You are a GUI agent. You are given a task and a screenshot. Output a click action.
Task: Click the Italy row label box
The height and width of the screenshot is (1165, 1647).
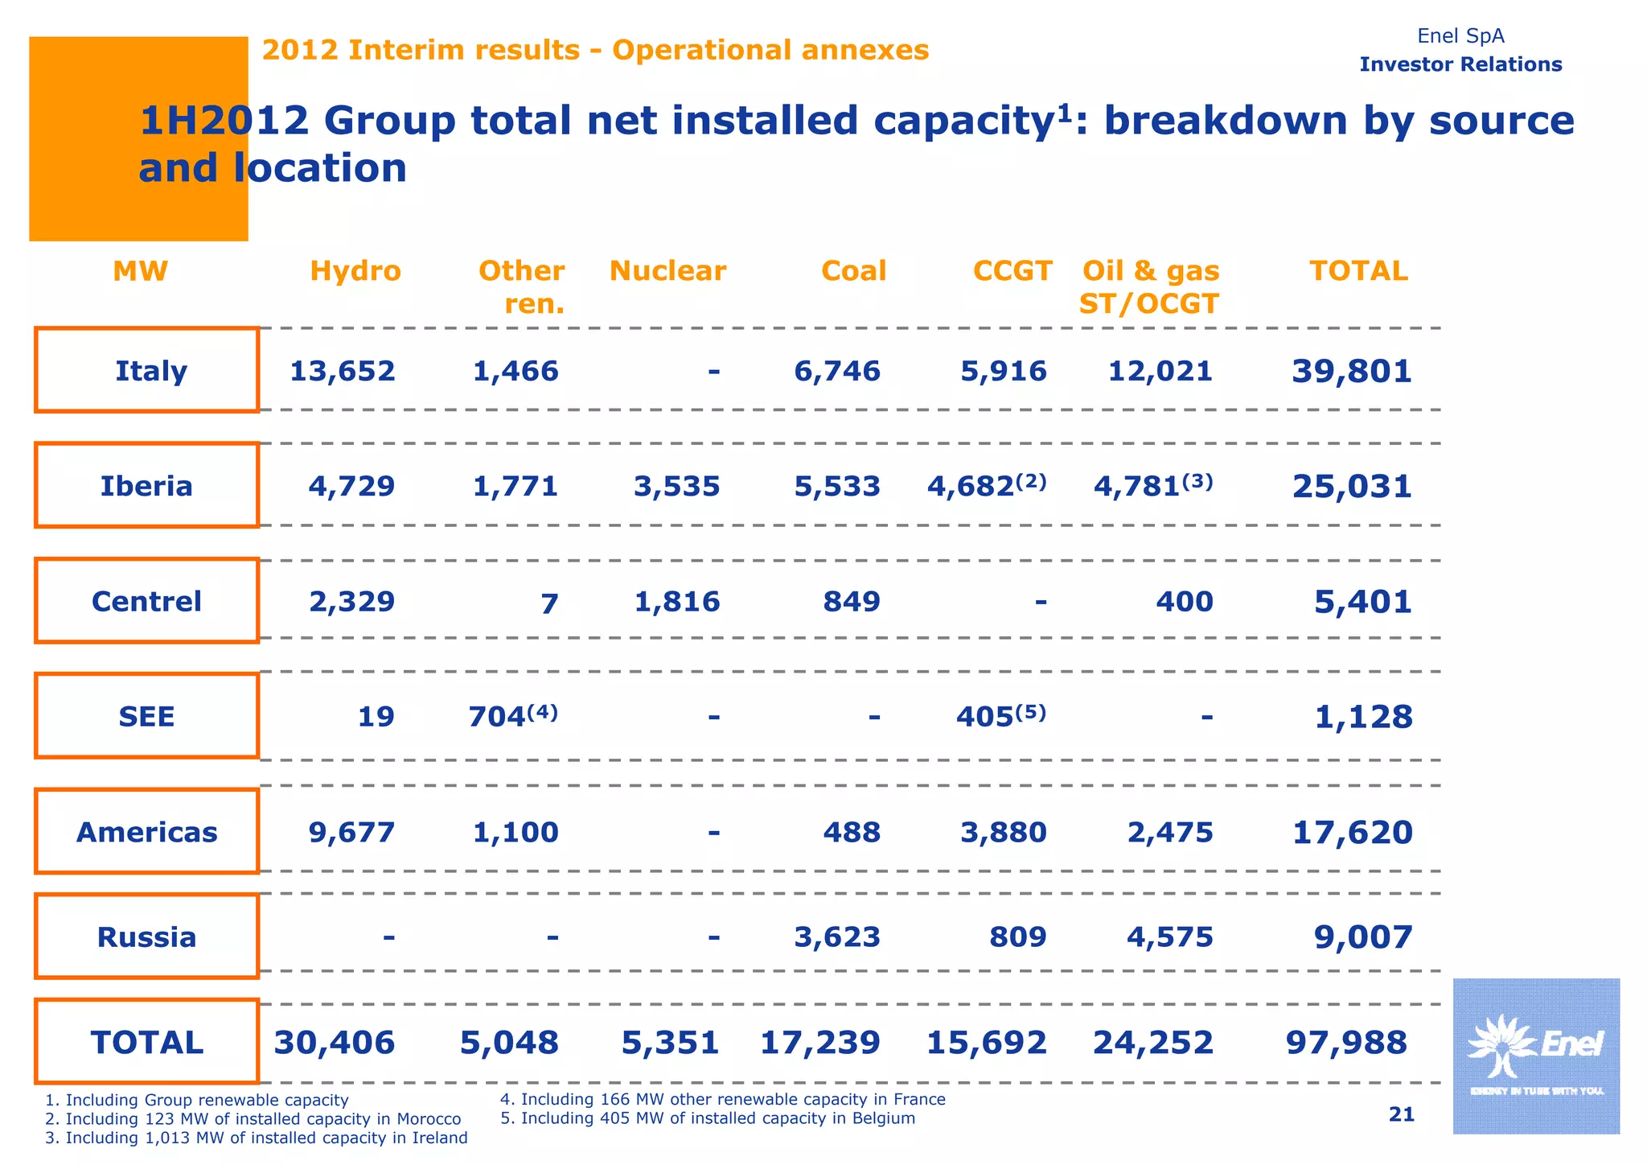147,370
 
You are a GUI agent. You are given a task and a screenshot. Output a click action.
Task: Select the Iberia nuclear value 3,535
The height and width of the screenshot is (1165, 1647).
677,486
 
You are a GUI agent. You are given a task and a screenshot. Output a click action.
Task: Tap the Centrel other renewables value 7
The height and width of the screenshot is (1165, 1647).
548,603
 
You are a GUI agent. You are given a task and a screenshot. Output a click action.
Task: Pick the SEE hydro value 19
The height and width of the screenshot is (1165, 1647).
376,717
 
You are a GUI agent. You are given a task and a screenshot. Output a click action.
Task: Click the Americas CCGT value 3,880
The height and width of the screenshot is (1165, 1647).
1004,832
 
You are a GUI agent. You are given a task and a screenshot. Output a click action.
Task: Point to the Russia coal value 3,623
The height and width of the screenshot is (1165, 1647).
837,937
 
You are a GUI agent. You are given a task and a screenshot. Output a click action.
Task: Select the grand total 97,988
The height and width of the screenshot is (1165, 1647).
1346,1043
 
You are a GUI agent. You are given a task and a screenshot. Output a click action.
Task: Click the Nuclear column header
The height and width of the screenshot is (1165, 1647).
667,271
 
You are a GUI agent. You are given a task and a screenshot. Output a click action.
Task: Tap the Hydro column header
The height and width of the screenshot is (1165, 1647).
355,271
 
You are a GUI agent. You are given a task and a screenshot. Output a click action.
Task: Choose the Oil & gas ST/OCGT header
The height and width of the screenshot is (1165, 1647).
1150,287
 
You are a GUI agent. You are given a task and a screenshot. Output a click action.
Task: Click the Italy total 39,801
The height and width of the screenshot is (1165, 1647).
1352,371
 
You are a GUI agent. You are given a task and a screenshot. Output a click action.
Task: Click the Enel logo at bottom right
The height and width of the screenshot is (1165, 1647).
1536,1056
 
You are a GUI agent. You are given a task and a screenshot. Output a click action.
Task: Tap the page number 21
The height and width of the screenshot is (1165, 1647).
1401,1114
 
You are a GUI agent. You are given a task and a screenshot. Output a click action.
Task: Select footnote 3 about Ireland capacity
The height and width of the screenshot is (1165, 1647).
257,1138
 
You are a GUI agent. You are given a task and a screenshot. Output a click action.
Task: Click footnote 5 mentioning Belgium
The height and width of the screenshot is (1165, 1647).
708,1118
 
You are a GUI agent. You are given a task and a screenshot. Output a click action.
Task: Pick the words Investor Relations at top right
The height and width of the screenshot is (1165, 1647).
1460,64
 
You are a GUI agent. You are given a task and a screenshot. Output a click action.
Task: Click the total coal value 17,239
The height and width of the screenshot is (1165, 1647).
820,1043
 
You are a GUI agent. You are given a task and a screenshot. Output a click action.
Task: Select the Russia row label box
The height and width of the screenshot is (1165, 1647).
147,937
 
